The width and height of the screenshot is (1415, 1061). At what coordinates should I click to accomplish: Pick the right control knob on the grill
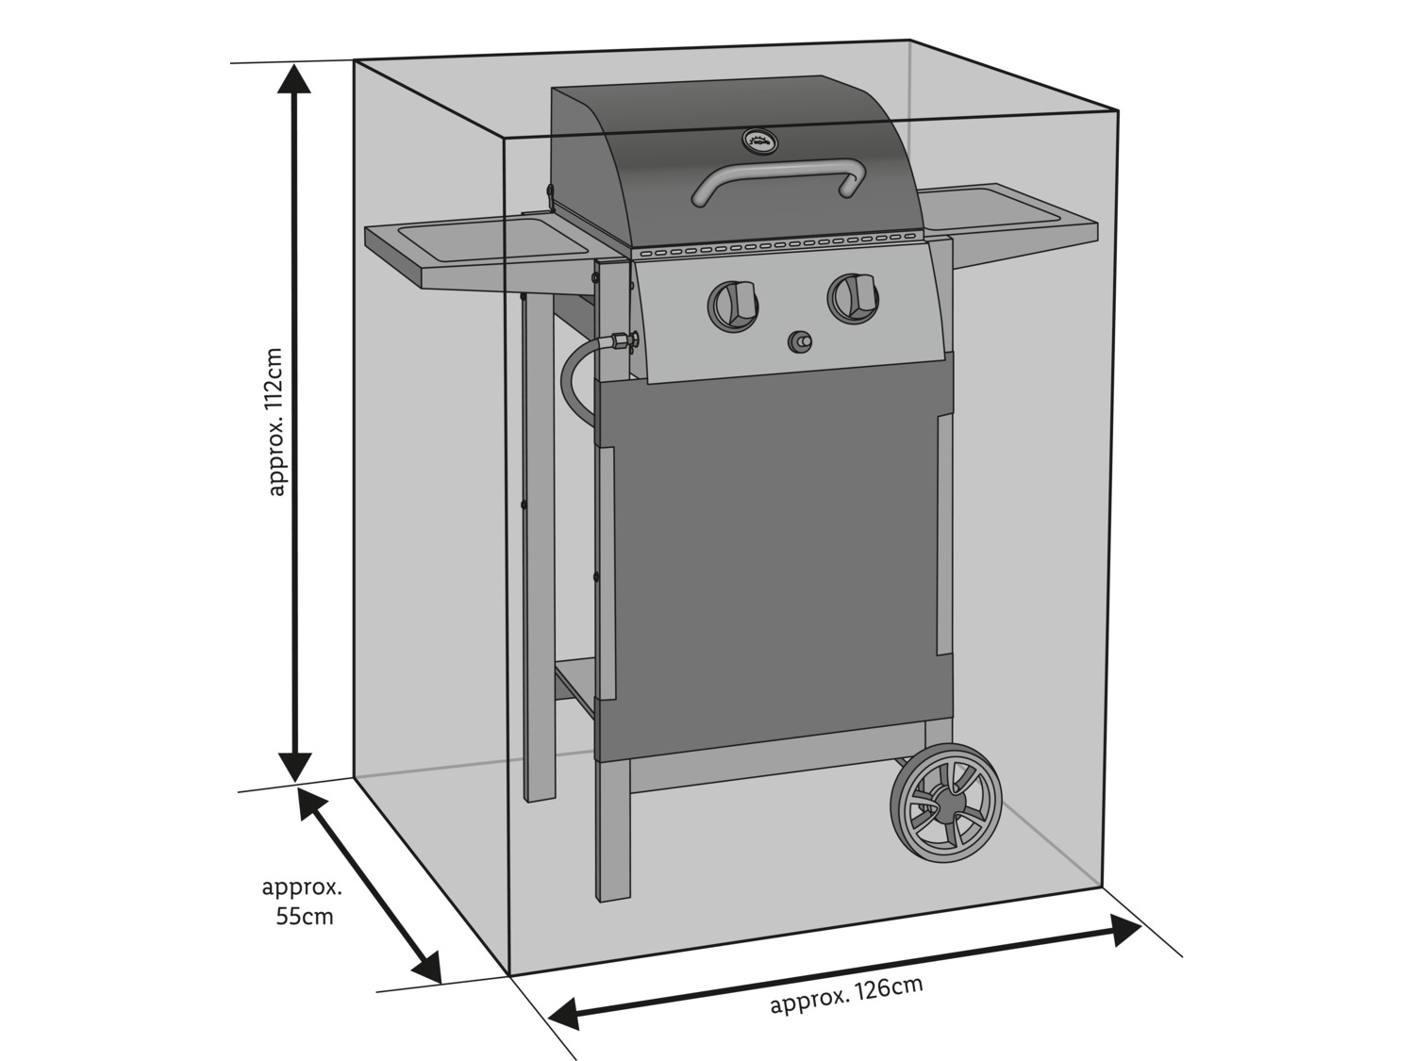coord(853,295)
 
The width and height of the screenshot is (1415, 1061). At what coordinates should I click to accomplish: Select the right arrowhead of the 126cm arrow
coord(1124,931)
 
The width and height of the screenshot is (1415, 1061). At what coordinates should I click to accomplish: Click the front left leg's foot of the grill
coord(612,887)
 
